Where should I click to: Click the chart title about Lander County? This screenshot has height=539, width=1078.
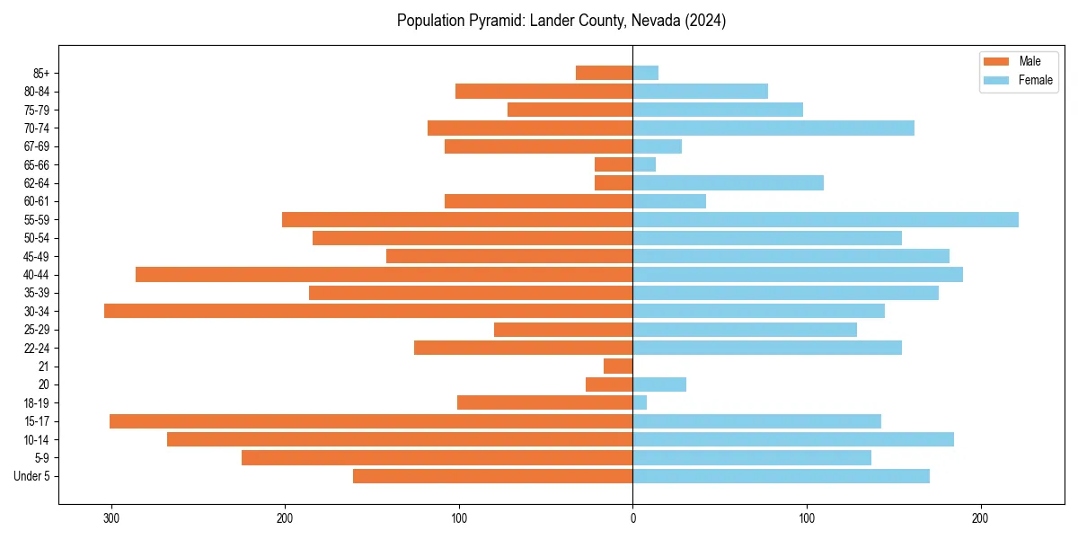click(x=561, y=21)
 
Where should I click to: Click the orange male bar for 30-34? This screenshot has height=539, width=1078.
click(x=368, y=311)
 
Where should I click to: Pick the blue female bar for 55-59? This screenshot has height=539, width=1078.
click(x=826, y=219)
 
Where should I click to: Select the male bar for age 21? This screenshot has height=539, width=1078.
click(x=618, y=366)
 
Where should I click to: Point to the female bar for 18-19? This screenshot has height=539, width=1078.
click(x=640, y=402)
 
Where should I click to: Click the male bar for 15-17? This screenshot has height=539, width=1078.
click(x=371, y=421)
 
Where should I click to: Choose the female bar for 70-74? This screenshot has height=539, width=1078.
click(x=773, y=128)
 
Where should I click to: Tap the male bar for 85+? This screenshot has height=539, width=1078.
click(x=604, y=73)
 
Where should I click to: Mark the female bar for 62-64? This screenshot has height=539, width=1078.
click(x=728, y=182)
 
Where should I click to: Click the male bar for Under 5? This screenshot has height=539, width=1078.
click(x=492, y=476)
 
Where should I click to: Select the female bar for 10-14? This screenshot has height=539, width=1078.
click(x=793, y=439)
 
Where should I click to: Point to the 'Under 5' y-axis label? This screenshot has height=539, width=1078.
click(x=31, y=476)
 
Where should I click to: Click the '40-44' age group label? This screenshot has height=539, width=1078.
click(x=36, y=275)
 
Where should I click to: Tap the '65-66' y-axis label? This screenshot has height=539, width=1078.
click(x=36, y=164)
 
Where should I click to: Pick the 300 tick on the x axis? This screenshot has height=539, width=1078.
click(x=111, y=518)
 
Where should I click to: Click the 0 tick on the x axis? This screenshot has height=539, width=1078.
click(x=632, y=518)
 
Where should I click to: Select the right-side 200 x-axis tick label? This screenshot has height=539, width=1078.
click(x=980, y=518)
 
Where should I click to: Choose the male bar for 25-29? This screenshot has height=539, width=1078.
click(x=563, y=330)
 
